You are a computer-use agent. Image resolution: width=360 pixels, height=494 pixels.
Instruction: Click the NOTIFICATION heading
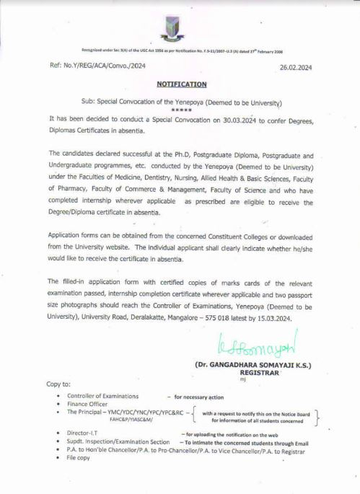(x=181, y=84)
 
